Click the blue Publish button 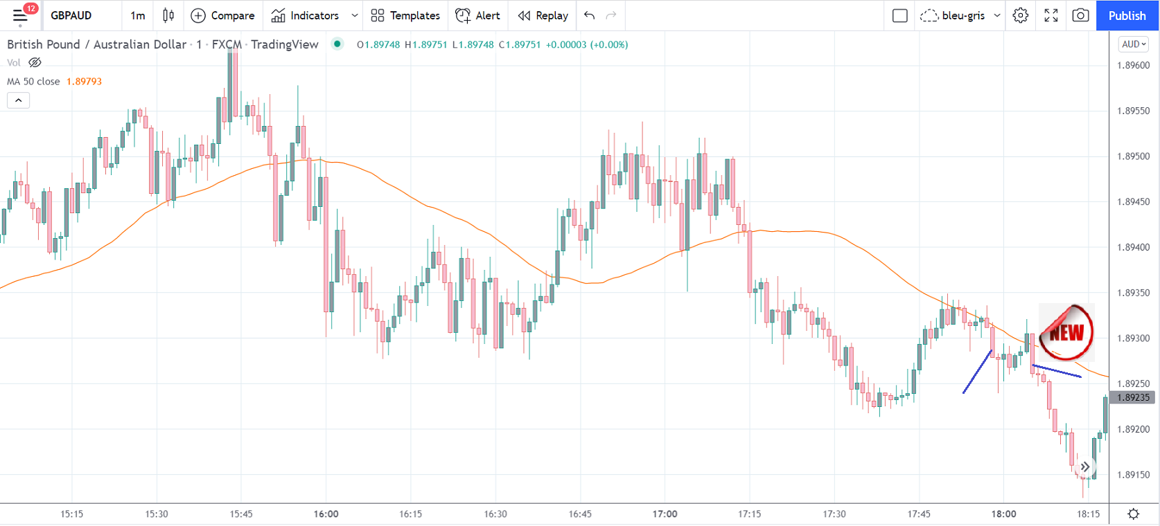[x=1127, y=15]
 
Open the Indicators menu [x=306, y=15]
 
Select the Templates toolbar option [x=405, y=15]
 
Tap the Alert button [x=477, y=15]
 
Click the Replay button [x=543, y=15]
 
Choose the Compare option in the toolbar [x=222, y=15]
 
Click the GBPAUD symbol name [x=71, y=15]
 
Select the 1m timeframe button [x=138, y=15]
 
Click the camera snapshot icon [x=1080, y=15]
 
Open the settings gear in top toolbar [x=1020, y=15]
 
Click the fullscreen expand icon [x=1051, y=15]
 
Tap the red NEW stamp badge [x=1066, y=333]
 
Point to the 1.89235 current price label [x=1133, y=397]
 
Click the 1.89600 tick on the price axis [x=1133, y=66]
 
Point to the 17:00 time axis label [x=665, y=514]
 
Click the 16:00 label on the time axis [x=326, y=514]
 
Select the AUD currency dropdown [x=1134, y=44]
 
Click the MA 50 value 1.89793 [x=84, y=82]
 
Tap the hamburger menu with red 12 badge [x=20, y=15]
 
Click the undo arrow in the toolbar [x=589, y=15]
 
